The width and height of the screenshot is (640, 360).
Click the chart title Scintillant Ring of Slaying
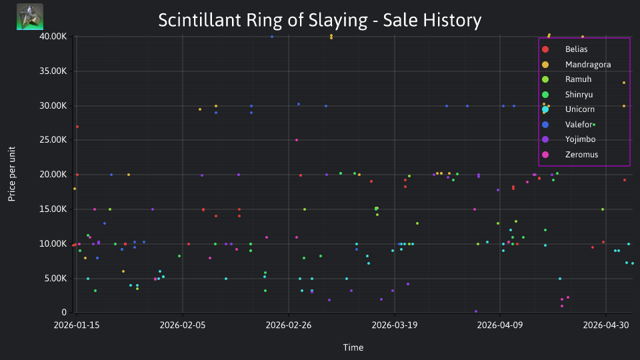tap(319, 20)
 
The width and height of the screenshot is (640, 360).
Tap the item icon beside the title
tap(30, 17)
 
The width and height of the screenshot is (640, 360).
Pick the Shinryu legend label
tap(579, 95)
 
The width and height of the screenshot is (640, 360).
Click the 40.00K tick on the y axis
tap(53, 36)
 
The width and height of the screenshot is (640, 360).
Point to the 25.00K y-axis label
tap(53, 140)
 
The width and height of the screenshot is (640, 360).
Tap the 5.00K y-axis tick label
tap(55, 279)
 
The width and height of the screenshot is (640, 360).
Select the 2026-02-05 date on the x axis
tap(183, 325)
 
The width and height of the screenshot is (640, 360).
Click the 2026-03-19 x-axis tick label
tap(394, 325)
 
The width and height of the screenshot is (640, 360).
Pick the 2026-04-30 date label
tap(606, 325)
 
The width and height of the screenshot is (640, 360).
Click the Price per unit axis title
tap(12, 174)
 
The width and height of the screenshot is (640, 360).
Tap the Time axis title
tap(353, 348)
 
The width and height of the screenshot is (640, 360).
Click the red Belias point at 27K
tap(77, 127)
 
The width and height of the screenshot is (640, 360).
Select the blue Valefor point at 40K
tap(272, 37)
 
